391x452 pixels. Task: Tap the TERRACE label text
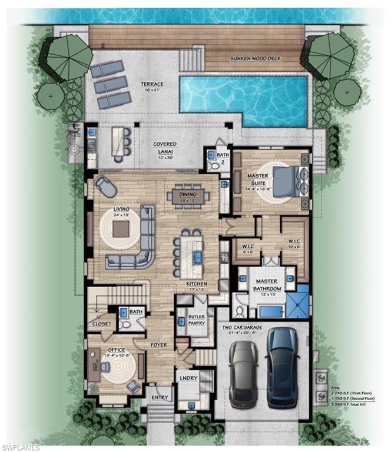152,85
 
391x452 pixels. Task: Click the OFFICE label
115,351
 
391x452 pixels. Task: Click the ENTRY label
158,398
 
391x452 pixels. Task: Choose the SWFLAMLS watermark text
21,447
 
